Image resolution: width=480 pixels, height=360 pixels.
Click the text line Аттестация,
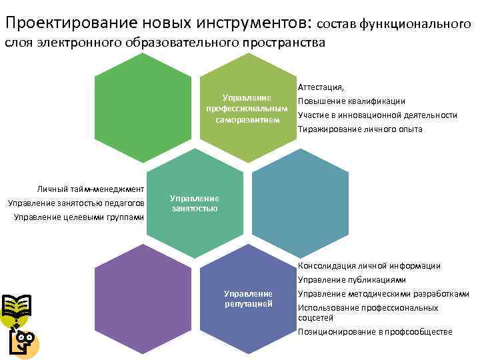(x=321, y=87)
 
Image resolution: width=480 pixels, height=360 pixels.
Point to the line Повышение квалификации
(x=351, y=101)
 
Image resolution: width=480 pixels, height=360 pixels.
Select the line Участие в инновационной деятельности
(x=377, y=115)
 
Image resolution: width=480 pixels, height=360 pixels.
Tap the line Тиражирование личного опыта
(x=360, y=129)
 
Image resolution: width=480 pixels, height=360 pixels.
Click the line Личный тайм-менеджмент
(x=91, y=189)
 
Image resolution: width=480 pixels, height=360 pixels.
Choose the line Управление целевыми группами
(x=79, y=217)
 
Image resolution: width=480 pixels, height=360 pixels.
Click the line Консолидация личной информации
(x=369, y=266)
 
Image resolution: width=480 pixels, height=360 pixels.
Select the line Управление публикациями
(x=351, y=280)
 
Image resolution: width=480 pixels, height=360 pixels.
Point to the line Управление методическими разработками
(x=383, y=294)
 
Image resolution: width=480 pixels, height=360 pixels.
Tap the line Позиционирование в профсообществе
(x=375, y=331)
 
